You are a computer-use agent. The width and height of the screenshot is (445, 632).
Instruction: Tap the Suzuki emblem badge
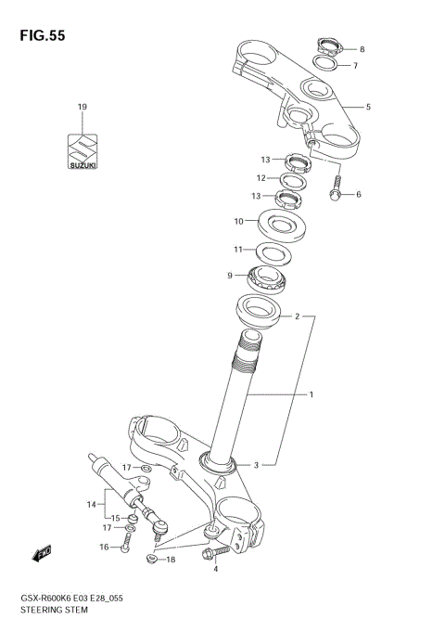(x=82, y=151)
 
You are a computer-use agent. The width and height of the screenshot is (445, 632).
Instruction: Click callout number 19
(x=82, y=108)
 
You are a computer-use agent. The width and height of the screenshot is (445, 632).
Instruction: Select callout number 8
(x=362, y=49)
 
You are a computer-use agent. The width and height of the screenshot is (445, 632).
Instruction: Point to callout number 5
(x=367, y=108)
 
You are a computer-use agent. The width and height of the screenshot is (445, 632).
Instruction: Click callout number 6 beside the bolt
(x=358, y=194)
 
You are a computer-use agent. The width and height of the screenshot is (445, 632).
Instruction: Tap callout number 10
(x=238, y=221)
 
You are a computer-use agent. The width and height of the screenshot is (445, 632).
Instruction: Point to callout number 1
(x=311, y=394)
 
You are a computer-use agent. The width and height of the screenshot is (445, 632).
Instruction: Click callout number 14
(x=92, y=504)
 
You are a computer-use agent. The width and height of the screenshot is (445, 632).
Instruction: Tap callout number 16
(x=105, y=547)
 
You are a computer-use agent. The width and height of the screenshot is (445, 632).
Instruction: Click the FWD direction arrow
(x=41, y=555)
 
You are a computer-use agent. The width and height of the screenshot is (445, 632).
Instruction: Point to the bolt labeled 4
(x=213, y=553)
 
